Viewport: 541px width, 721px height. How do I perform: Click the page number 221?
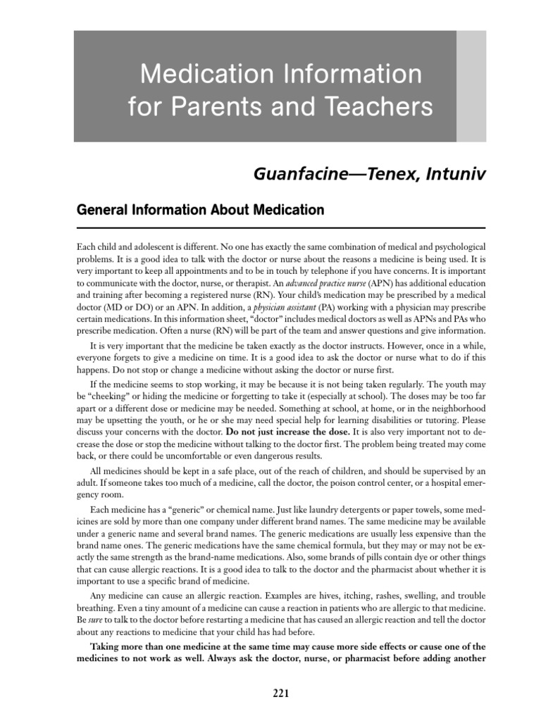click(x=281, y=694)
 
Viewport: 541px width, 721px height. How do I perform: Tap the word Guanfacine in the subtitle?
click(x=293, y=174)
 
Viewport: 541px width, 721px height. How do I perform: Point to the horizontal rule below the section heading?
click(x=280, y=228)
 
